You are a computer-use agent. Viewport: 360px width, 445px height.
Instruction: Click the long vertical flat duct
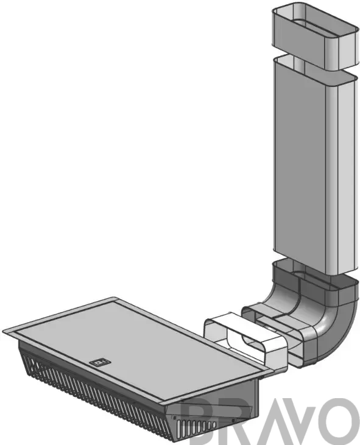click(314, 164)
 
